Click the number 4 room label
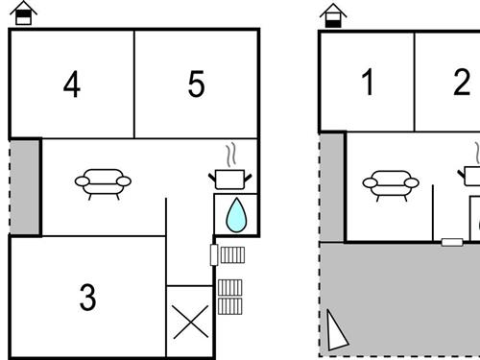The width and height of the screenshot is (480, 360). point(72,84)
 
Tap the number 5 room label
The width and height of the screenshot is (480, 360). point(196,84)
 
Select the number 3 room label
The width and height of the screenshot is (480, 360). point(87,298)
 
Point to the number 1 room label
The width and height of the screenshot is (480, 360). point(368,82)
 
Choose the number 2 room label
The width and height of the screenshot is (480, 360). point(462,82)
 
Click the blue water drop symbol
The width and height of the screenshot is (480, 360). point(236,215)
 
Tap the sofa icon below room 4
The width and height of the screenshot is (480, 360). point(103,184)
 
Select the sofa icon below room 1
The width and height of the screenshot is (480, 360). point(391,185)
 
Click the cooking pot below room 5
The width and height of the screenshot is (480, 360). point(230,180)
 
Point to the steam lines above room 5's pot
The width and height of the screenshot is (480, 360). point(231,156)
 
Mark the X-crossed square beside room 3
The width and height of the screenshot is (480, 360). point(190,322)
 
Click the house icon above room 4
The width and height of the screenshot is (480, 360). point(23,12)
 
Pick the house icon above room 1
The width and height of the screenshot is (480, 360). point(333,15)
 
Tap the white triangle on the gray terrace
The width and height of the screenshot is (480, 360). point(337,330)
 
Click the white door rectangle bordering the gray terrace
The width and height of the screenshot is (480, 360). point(452,242)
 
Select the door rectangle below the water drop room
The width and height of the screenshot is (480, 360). point(214,254)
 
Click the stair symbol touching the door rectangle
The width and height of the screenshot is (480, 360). point(232,255)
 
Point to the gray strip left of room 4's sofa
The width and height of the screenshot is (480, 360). point(25,187)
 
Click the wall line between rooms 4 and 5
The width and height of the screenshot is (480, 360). point(134,84)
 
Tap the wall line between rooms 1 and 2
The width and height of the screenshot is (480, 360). point(415,82)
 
